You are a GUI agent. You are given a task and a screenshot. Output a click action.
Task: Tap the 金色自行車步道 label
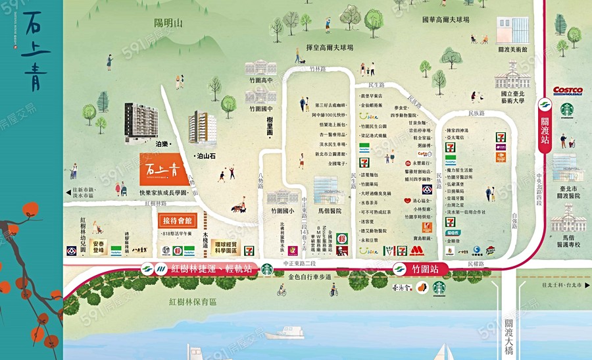coord(309,277)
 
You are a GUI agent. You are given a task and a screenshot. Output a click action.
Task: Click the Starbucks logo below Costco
coord(567,108)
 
